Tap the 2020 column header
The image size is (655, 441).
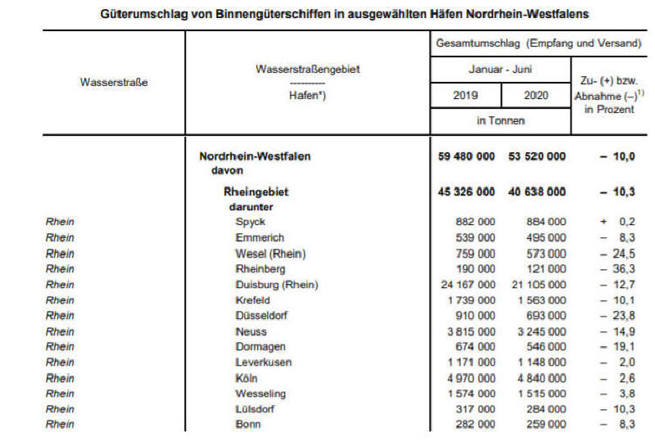[536, 94]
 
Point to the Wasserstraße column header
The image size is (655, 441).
[114, 82]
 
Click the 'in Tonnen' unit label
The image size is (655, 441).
[500, 120]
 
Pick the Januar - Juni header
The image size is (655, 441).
[501, 70]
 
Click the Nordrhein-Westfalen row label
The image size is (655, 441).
[255, 156]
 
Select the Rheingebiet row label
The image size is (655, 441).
[256, 192]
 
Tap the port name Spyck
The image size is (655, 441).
[250, 222]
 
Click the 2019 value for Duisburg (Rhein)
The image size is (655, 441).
[464, 285]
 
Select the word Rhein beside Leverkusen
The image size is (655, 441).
[60, 362]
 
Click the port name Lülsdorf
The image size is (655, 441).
[256, 409]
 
